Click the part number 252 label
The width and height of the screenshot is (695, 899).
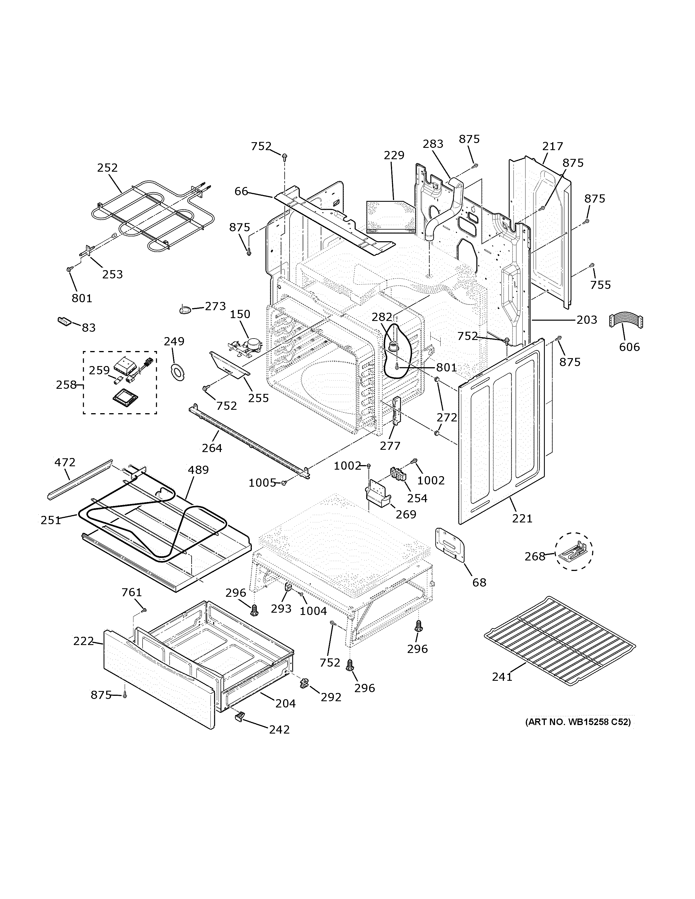point(108,167)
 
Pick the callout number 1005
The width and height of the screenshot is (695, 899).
point(262,482)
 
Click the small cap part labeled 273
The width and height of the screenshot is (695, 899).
point(185,309)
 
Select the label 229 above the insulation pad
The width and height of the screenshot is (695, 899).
point(394,155)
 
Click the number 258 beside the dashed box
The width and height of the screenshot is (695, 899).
point(66,385)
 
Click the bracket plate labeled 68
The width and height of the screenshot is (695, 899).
point(450,545)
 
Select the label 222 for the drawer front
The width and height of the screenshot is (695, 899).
point(83,641)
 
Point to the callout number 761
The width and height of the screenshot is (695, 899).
point(132,592)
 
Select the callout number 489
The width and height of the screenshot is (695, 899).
point(198,470)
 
